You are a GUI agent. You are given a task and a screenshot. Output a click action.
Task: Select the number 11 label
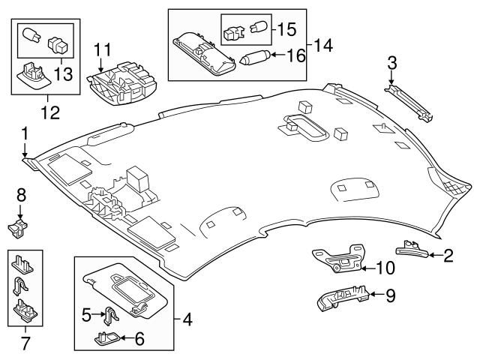point(103,49)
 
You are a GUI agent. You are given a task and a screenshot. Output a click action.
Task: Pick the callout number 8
point(21,196)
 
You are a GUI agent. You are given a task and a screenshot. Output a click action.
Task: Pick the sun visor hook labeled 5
point(110,318)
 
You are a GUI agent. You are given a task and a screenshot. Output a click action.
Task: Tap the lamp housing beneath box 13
point(34,75)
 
